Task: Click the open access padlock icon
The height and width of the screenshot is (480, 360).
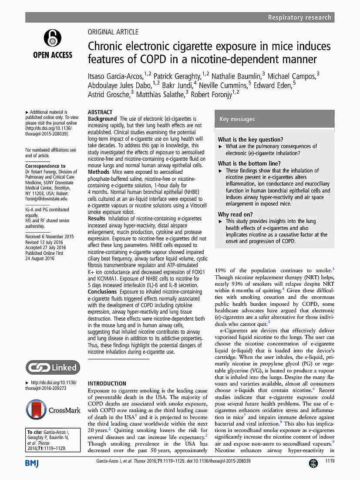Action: click(52, 38)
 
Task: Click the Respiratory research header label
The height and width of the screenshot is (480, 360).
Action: click(299, 17)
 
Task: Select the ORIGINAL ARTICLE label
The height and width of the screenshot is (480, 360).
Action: click(113, 32)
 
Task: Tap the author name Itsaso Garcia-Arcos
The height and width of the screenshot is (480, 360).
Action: click(115, 77)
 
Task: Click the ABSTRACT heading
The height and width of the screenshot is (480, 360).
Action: click(100, 112)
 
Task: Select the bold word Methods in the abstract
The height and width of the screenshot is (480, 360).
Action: click(98, 172)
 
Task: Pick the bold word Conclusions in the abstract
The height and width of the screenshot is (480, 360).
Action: click(103, 291)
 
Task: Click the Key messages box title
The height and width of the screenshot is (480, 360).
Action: click(237, 119)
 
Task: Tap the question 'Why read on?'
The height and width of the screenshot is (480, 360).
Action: click(235, 214)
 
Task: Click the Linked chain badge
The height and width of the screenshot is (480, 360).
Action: click(53, 367)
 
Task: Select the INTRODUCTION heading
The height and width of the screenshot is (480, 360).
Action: click(107, 384)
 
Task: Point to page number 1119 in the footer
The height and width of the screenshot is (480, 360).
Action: click(330, 461)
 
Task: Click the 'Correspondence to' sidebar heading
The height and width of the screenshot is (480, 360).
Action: click(45, 166)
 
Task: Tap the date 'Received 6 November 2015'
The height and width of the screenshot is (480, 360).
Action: click(50, 237)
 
